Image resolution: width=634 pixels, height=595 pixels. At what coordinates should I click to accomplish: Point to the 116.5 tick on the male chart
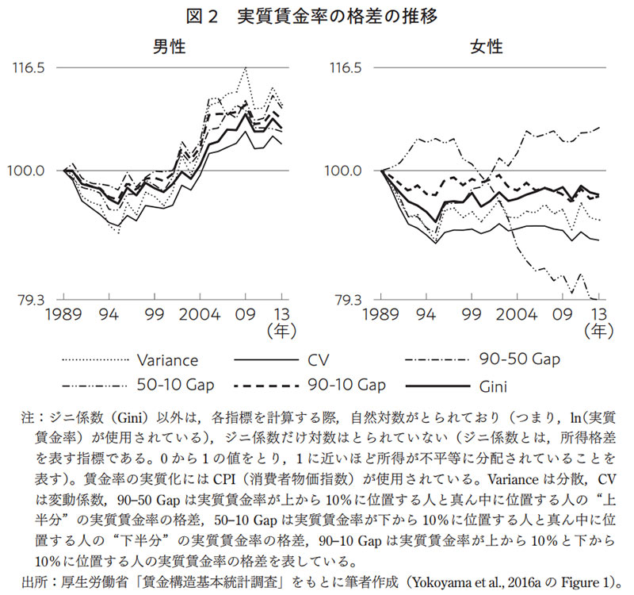(28, 68)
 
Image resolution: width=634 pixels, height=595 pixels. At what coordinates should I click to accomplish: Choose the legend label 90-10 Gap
(346, 386)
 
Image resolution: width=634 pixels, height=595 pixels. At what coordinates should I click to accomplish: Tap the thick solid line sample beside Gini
(438, 387)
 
